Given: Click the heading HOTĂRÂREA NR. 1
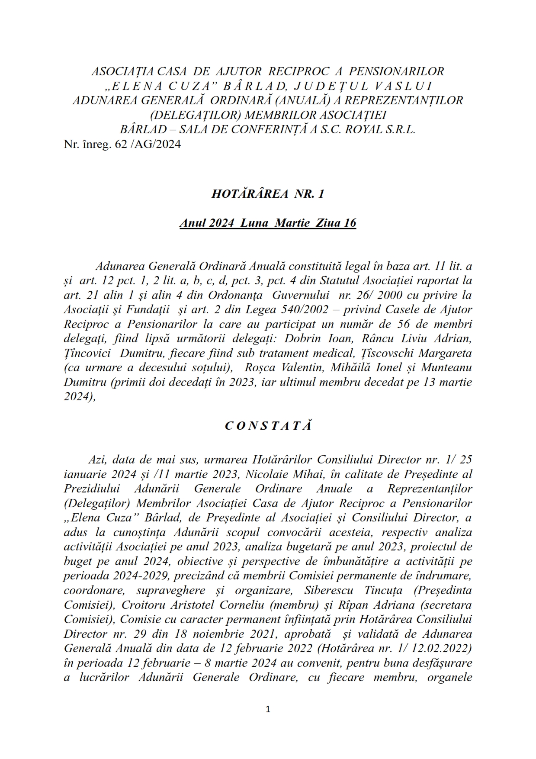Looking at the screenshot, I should coord(268,194).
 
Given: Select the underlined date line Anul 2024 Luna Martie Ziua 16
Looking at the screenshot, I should coord(268,223).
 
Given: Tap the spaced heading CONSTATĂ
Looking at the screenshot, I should coord(268,426).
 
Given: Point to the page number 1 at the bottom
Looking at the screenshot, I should coord(268,709).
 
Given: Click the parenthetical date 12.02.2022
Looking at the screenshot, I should coord(442,649).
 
